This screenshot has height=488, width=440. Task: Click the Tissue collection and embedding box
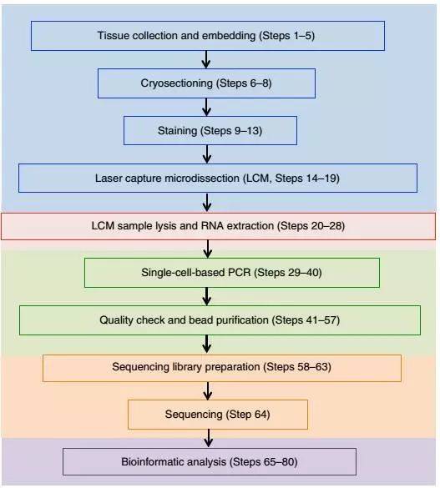click(x=208, y=36)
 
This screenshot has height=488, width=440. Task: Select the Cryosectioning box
click(x=206, y=83)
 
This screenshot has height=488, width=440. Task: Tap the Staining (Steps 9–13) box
click(x=210, y=131)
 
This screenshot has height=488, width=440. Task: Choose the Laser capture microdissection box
click(x=218, y=178)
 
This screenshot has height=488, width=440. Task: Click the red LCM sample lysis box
click(x=218, y=226)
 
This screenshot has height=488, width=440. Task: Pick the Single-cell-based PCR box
click(x=232, y=273)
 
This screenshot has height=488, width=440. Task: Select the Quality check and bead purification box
click(x=220, y=320)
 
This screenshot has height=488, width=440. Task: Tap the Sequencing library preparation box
click(x=222, y=368)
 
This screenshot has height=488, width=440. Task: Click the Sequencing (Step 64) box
click(x=218, y=415)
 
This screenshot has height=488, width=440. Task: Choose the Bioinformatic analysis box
click(x=210, y=461)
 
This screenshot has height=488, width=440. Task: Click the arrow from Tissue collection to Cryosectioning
click(x=206, y=59)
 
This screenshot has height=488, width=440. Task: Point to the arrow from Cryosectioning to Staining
click(x=206, y=108)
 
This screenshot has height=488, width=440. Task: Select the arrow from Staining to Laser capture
click(x=207, y=154)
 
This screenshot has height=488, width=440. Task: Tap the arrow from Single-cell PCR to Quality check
click(x=207, y=297)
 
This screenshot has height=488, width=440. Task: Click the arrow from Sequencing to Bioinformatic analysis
click(x=209, y=439)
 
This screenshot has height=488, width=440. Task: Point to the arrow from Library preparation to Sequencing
click(x=208, y=391)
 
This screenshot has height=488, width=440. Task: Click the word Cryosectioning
click(x=176, y=83)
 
